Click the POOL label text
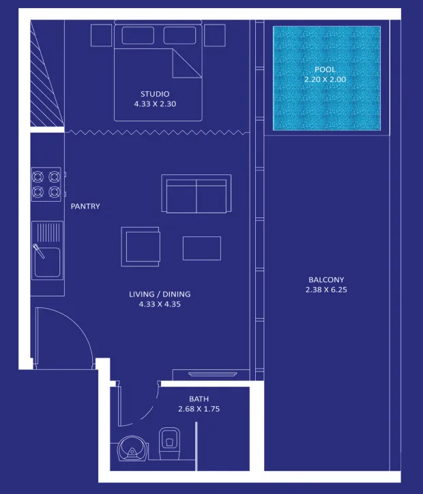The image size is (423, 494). pyautogui.click(x=325, y=70)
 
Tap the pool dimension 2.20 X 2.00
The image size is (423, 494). pyautogui.click(x=325, y=80)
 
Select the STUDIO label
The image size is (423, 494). pyautogui.click(x=155, y=94)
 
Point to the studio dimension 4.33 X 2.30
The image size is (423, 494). pyautogui.click(x=155, y=104)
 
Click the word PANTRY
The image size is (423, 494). pyautogui.click(x=85, y=206)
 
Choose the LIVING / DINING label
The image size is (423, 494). pyautogui.click(x=160, y=294)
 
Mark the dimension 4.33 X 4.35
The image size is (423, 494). pyautogui.click(x=160, y=305)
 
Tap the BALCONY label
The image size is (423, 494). pyautogui.click(x=326, y=280)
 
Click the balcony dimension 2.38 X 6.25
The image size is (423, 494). pyautogui.click(x=326, y=290)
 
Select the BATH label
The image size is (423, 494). pyautogui.click(x=199, y=399)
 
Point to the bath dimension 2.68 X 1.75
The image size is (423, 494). pyautogui.click(x=199, y=410)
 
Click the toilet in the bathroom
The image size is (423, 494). pyautogui.click(x=169, y=444)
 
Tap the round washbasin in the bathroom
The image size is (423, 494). pyautogui.click(x=132, y=448)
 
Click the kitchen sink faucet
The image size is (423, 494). pyautogui.click(x=39, y=251)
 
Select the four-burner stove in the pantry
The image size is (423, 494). pyautogui.click(x=46, y=184)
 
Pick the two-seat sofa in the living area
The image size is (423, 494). pyautogui.click(x=196, y=194)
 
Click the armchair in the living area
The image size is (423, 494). pyautogui.click(x=141, y=247)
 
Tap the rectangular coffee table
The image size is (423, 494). pyautogui.click(x=202, y=248)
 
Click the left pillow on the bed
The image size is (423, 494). pyautogui.click(x=138, y=35)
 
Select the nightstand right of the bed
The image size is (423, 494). pyautogui.click(x=214, y=35)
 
